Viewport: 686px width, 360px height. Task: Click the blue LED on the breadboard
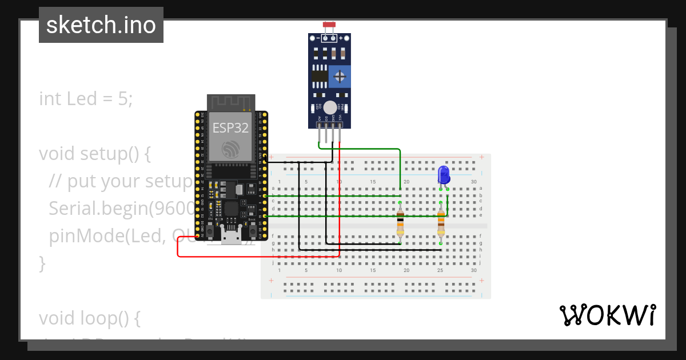444,174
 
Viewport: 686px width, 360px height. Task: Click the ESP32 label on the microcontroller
230,128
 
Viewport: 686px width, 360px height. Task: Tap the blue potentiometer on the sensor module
340,75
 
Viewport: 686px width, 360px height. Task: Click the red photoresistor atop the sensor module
329,25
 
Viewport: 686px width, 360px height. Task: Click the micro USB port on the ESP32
231,235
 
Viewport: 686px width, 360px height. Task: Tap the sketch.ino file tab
101,25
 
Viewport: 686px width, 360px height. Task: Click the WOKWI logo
607,315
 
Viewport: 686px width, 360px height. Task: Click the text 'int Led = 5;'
86,99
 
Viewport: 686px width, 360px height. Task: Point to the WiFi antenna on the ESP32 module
231,102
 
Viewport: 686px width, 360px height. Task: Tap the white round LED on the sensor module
329,107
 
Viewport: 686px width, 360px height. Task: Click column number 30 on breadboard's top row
473,182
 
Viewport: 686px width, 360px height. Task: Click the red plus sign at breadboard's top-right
482,157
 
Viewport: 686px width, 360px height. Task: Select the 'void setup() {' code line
95,154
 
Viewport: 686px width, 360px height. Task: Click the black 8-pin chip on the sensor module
320,75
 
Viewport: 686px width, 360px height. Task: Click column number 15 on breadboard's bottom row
373,270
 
